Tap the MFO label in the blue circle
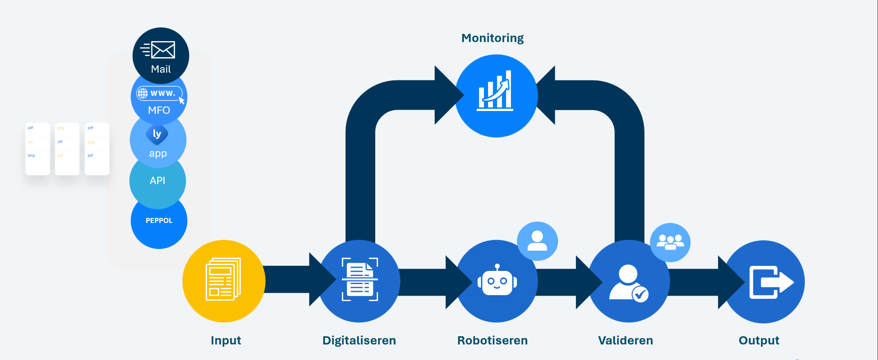159,110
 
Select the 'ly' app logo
157,134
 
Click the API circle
157,181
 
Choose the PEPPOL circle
159,221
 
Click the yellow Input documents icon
223,280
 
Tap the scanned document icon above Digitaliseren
360,280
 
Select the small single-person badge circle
537,241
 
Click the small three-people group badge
670,242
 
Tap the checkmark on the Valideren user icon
640,294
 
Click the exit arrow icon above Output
771,282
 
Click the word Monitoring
492,38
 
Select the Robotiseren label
492,340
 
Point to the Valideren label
625,340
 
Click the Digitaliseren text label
359,340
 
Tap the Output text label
759,340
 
